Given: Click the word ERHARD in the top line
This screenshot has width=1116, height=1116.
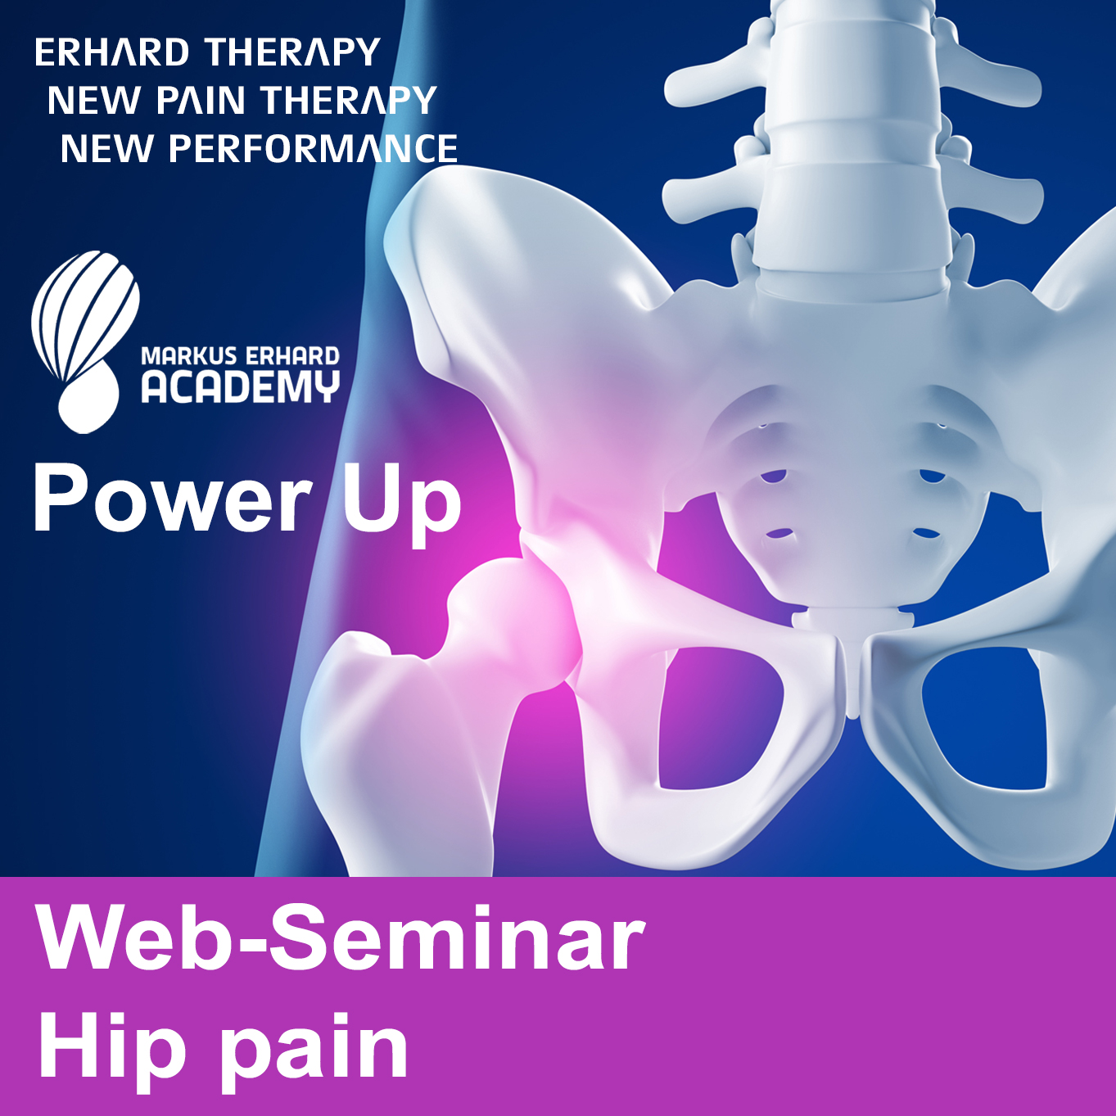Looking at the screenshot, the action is [x=112, y=52].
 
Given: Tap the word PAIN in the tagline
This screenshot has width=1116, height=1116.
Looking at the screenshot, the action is [x=201, y=100].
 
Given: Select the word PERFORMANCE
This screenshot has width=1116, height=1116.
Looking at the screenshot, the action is [x=314, y=148].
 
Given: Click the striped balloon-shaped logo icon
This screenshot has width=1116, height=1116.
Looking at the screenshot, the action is [x=84, y=341].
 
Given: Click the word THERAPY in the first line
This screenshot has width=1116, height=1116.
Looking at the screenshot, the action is [x=293, y=52].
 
